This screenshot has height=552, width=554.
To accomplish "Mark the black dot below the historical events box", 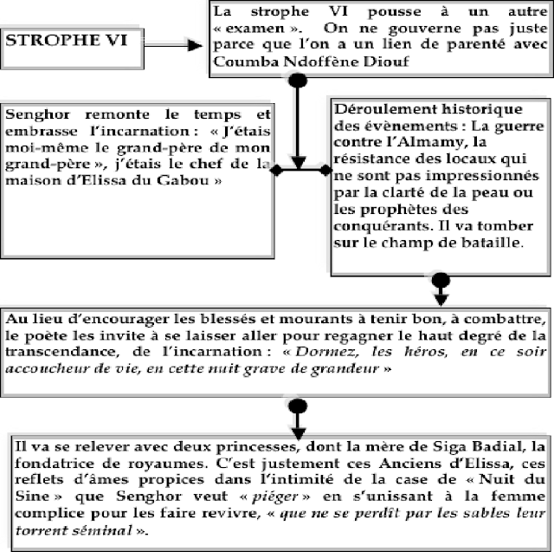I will coord(440,281).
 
